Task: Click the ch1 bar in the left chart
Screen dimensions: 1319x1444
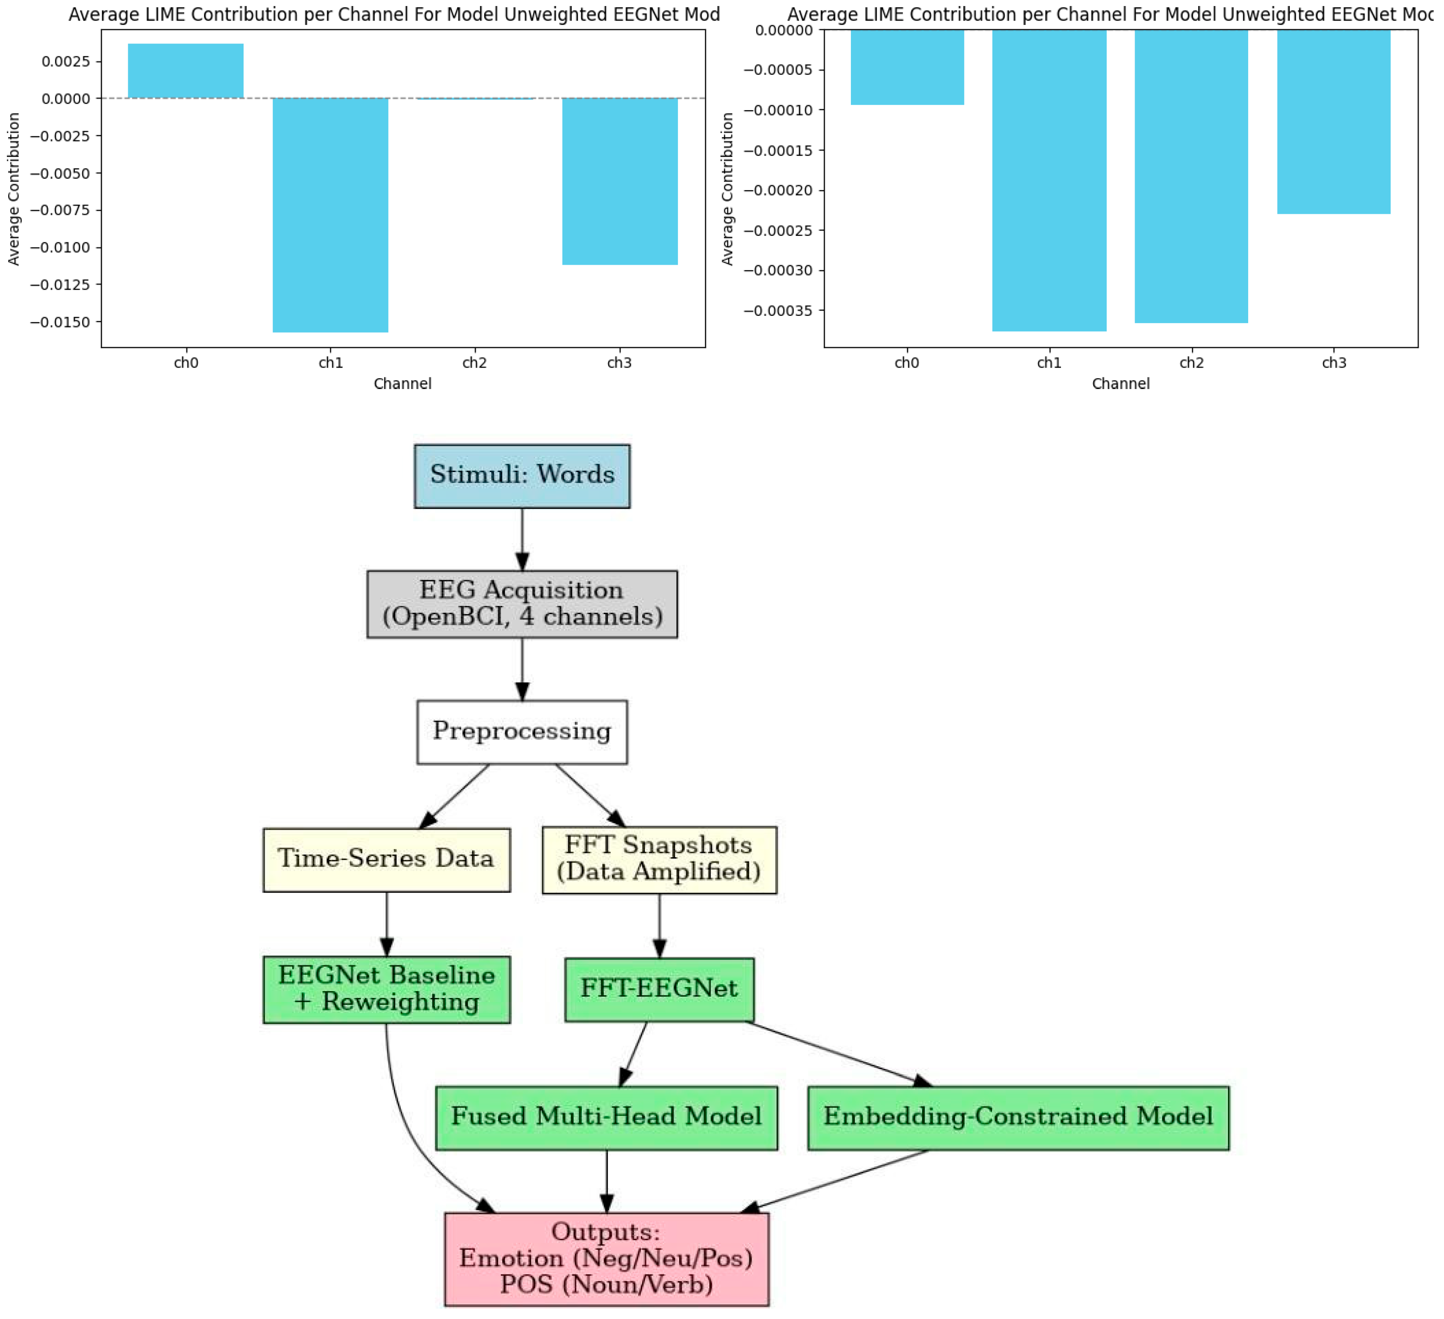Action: click(330, 215)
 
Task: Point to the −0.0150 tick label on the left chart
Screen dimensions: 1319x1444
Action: click(60, 322)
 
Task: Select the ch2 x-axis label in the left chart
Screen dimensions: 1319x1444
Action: click(474, 363)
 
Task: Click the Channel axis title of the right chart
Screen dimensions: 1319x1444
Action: click(1120, 384)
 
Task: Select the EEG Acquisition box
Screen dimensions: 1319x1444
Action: click(522, 604)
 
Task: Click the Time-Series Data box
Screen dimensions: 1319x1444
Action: click(387, 859)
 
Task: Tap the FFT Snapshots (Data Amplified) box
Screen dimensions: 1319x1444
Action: click(659, 859)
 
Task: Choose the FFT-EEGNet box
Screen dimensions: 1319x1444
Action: click(659, 989)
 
